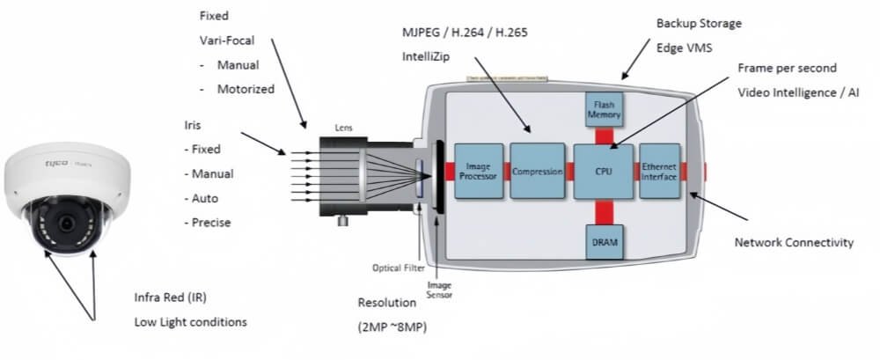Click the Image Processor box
(x=479, y=171)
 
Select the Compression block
(x=537, y=171)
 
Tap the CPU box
(x=603, y=171)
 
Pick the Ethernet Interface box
(x=659, y=171)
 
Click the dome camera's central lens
(x=66, y=224)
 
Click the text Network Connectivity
(x=794, y=242)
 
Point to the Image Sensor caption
(x=439, y=290)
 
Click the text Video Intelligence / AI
(x=799, y=92)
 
